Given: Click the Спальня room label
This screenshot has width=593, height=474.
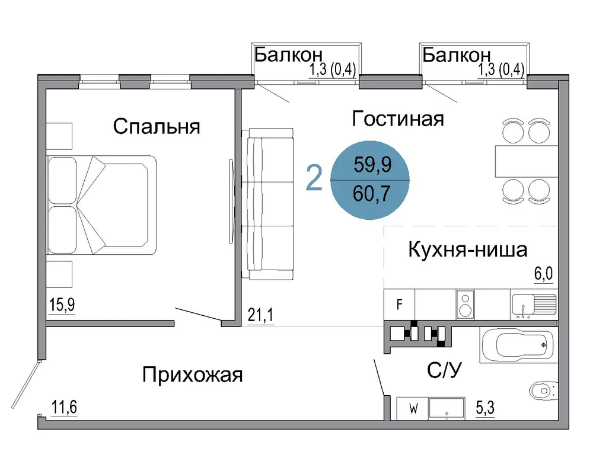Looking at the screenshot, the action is pos(157,126).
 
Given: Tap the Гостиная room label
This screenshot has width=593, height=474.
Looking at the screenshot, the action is pos(398,118).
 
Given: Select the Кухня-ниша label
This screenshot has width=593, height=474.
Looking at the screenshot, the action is pos(468,249).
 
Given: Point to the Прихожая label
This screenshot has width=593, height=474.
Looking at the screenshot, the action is pos(193,375).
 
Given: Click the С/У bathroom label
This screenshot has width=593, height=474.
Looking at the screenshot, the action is pos(444,370).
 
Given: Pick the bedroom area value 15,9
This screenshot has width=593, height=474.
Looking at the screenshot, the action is pos(62,305).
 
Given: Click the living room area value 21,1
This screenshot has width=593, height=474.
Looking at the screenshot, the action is pos(260,315).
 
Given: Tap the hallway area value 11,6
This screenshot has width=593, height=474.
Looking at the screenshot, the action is pos(64,408).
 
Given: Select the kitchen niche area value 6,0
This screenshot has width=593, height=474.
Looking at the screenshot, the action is pos(543,274).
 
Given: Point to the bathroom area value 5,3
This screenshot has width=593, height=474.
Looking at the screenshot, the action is pos(485,408).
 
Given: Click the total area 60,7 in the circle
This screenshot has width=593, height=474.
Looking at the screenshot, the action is pos(372,194).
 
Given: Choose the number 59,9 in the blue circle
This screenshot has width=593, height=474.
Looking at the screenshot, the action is pos(372,165).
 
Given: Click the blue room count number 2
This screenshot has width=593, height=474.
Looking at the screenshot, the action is pos(314,178).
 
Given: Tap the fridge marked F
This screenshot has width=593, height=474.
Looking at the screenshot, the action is pos(399,305).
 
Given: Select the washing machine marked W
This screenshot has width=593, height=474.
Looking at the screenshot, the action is pos(413,409).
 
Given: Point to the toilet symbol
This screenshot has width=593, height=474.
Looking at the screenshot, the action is pos(544,391).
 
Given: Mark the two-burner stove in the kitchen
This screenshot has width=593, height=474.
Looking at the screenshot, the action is pos(466,305).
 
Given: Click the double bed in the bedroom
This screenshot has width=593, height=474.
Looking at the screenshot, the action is pos(101,205).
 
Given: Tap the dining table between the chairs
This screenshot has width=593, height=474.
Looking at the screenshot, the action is pos(527,161).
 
